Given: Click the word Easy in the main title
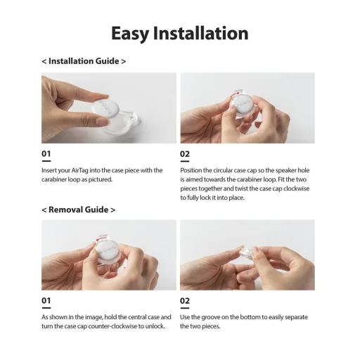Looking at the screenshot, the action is [130, 34].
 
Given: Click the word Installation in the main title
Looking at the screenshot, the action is [201, 33].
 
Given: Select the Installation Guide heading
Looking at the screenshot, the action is [84, 61].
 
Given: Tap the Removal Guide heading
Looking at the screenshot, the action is [78, 210].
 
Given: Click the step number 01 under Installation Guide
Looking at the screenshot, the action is [46, 154].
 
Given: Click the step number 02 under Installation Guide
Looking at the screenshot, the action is [185, 154].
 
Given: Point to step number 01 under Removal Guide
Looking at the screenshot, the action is [46, 300].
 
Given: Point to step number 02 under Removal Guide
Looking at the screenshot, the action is [185, 301].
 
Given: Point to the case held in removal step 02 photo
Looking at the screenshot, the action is [248, 252].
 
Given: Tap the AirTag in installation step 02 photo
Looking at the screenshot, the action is [244, 104].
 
